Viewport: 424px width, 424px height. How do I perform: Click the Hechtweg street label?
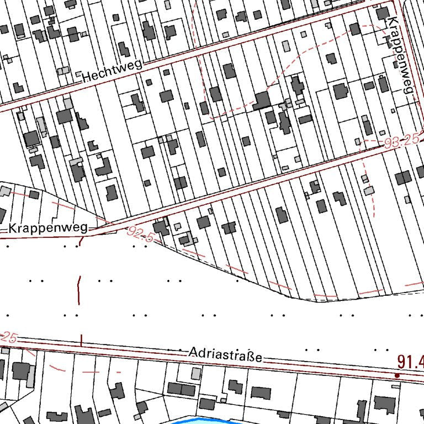coord(112,71)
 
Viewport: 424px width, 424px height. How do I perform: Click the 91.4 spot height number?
coord(410,362)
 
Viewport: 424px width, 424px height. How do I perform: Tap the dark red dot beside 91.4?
coord(397,375)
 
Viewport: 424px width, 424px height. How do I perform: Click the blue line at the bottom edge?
coord(210,420)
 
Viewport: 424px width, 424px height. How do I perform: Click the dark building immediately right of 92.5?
coord(161,227)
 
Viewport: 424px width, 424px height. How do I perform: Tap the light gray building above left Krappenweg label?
coord(5,191)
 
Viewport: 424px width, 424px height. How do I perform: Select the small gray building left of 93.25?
coord(358,142)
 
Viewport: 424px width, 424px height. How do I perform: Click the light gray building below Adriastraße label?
coord(196,374)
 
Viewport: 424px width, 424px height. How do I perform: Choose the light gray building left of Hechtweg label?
coord(63,71)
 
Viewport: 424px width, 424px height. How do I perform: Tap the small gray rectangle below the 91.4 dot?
coord(395,387)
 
